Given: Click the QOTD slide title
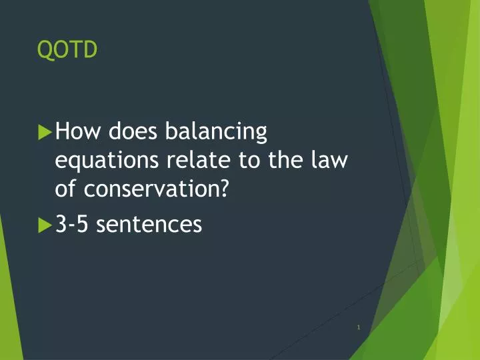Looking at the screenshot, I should coord(67,50).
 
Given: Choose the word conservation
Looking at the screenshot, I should coord(151,189).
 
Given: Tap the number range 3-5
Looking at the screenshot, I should coord(73,225).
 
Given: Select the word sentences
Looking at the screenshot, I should coord(149,225).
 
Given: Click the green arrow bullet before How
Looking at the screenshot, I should coord(45,132).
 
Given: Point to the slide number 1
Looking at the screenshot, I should coord(359,327).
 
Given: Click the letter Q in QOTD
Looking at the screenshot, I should coord(45,50).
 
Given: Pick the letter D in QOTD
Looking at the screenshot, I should coord(90,50).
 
